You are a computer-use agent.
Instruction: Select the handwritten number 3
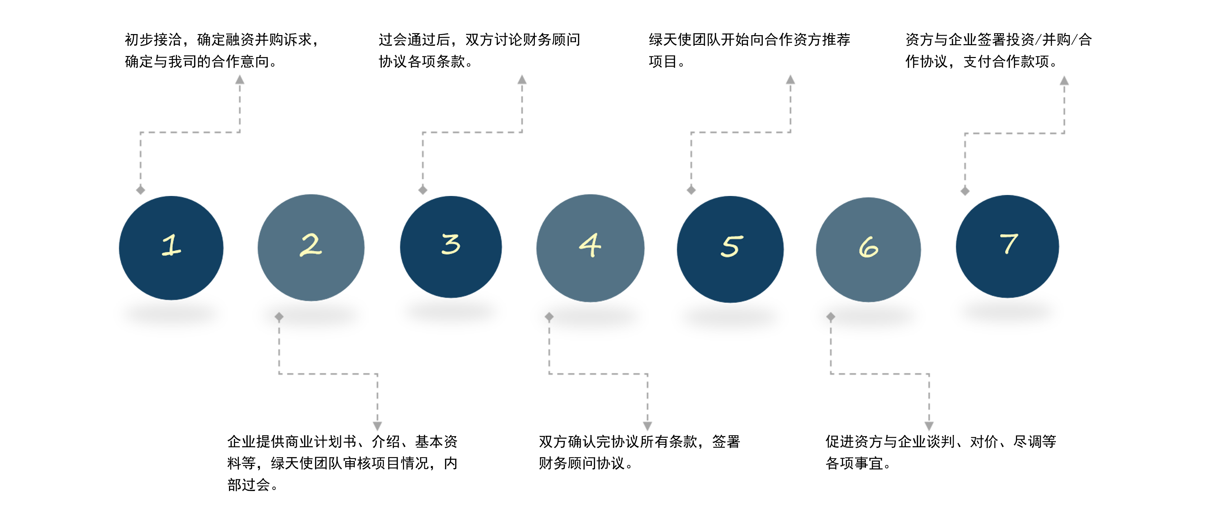click(x=451, y=244)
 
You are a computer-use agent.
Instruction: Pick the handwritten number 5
click(x=731, y=246)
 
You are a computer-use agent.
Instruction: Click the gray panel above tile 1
click(x=191, y=134)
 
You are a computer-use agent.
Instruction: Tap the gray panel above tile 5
click(x=741, y=134)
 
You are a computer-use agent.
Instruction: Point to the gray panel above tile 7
click(x=1015, y=135)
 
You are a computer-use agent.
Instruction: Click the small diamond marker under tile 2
click(x=279, y=317)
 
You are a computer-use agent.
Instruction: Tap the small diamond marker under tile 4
click(x=549, y=317)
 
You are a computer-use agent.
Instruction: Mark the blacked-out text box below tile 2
click(x=340, y=463)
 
